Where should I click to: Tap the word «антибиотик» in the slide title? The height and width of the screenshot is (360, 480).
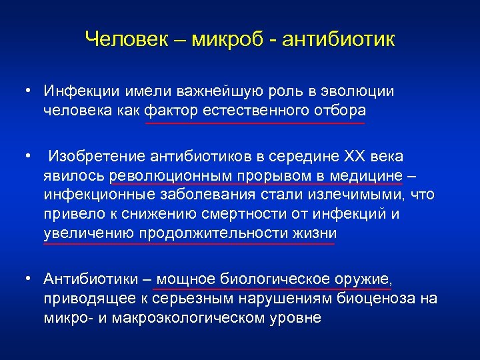[338, 39]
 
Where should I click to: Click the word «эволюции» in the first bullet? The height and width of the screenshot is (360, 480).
[361, 91]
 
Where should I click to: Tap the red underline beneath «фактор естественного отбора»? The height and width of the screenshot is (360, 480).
[255, 123]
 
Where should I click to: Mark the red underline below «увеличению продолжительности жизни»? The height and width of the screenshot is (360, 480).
[189, 243]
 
